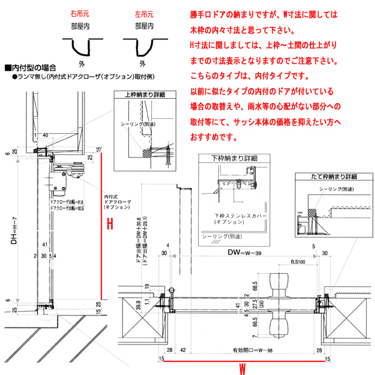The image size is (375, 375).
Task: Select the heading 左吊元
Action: click(x=145, y=12)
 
